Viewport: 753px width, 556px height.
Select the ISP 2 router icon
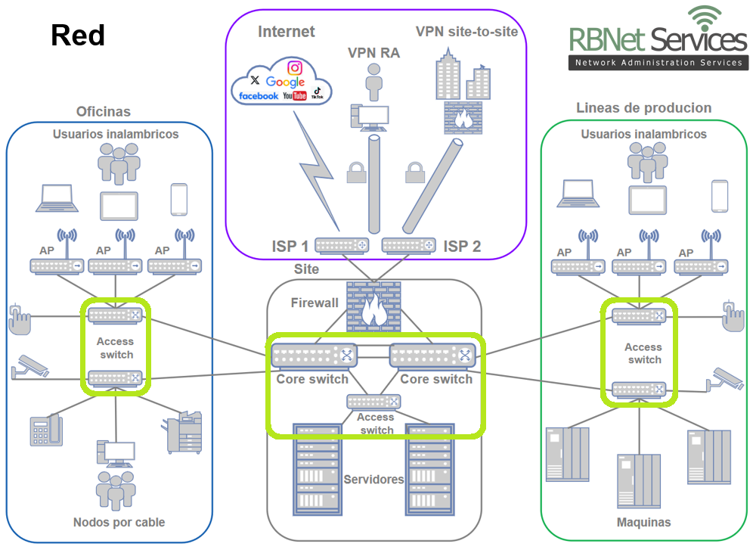point(409,245)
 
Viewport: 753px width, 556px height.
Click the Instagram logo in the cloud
point(295,68)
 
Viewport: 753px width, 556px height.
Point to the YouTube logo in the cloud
point(294,96)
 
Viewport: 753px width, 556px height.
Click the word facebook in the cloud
point(258,96)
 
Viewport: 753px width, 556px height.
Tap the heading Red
point(77,35)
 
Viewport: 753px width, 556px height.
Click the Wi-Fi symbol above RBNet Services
point(705,17)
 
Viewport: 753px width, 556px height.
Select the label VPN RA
point(373,53)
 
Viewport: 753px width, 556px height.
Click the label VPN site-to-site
point(466,31)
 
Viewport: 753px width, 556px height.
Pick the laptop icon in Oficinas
point(57,197)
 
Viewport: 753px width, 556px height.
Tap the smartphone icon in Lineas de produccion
point(719,196)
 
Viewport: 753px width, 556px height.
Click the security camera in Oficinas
point(30,365)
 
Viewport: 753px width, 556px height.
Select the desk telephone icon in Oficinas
point(46,431)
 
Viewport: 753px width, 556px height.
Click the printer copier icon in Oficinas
point(184,432)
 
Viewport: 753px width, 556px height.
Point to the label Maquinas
point(643,522)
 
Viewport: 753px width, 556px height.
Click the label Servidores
point(373,479)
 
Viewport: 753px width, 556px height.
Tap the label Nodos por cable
point(119,522)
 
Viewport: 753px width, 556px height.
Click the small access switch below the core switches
point(373,402)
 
